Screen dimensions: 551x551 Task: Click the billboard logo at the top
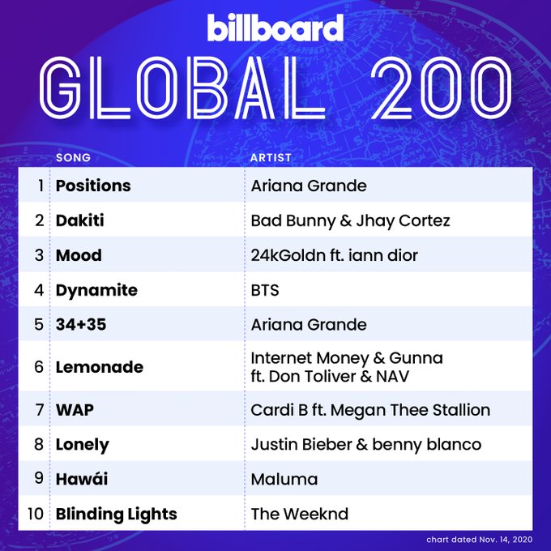(x=275, y=28)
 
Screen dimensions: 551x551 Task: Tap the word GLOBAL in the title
(x=182, y=88)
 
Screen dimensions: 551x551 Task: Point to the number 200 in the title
(x=442, y=88)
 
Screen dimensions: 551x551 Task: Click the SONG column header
(x=73, y=157)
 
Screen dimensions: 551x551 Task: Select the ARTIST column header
(x=271, y=157)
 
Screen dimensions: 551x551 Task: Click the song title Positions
(x=93, y=186)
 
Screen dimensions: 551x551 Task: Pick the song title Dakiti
(x=79, y=220)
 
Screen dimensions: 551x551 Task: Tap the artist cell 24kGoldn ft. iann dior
(x=334, y=255)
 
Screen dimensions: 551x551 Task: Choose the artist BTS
(x=265, y=290)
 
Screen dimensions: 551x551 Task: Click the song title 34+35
(x=81, y=324)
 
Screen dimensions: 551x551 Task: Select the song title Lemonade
(x=100, y=367)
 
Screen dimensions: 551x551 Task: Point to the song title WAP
(x=75, y=410)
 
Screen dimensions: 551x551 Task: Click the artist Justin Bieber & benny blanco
(x=365, y=444)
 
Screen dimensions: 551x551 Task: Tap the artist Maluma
(x=284, y=479)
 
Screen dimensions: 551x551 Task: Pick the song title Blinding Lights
(x=117, y=514)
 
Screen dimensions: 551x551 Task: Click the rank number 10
(x=36, y=514)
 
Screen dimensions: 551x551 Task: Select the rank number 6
(x=39, y=367)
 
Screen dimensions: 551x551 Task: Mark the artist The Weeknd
(x=299, y=514)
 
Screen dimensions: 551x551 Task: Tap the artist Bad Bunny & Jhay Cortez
(x=350, y=220)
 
